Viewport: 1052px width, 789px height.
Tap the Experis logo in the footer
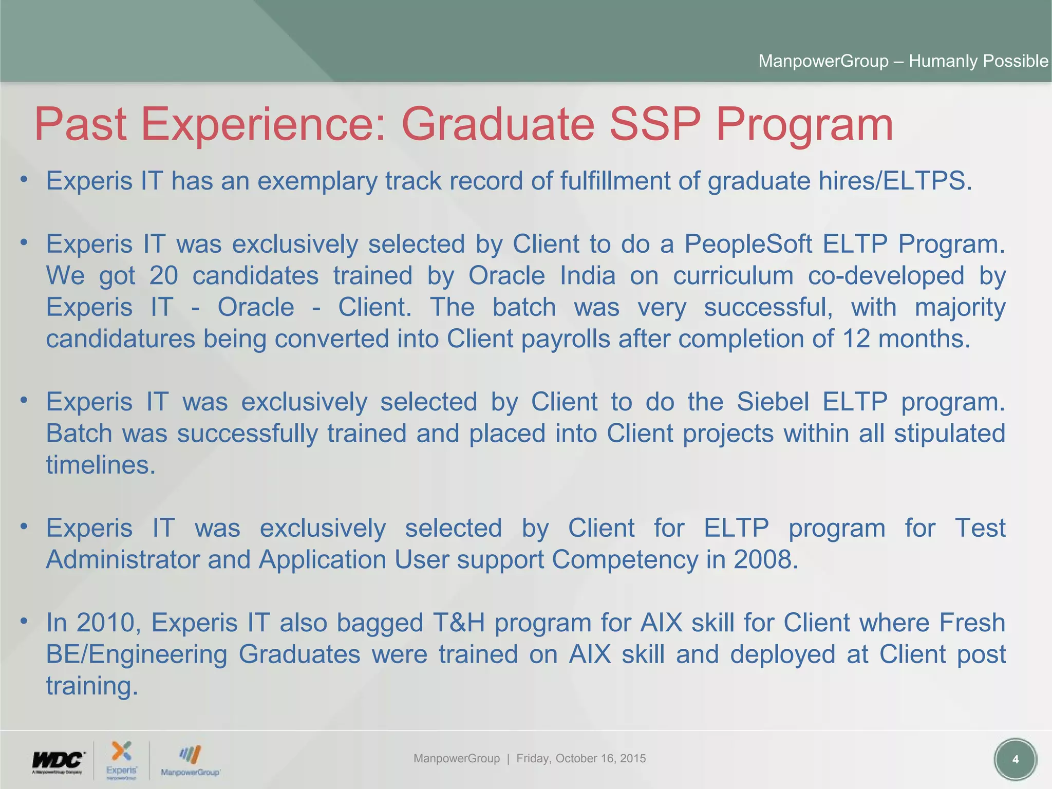click(122, 759)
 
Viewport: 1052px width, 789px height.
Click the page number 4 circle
click(1015, 759)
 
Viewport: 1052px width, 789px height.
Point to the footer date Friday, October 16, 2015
click(581, 758)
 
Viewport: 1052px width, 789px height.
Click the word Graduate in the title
click(497, 124)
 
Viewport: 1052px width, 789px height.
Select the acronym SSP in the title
click(654, 124)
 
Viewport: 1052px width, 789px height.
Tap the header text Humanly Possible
click(978, 61)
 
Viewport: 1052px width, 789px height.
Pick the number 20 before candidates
click(163, 275)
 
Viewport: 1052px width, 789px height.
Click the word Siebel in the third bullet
click(773, 401)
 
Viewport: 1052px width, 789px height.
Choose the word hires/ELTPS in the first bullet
click(892, 181)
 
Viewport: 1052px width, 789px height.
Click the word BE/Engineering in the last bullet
click(136, 654)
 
